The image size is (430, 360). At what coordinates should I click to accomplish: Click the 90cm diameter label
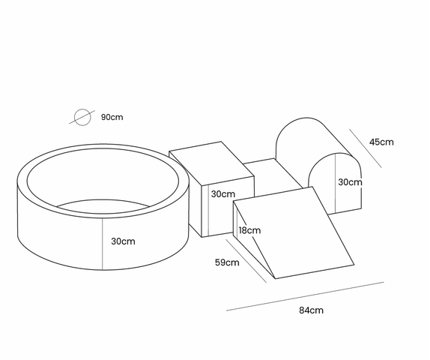112,117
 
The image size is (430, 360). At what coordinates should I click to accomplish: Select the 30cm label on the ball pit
123,241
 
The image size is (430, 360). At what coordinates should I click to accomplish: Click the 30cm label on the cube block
223,194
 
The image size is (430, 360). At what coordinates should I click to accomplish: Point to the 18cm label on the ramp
249,230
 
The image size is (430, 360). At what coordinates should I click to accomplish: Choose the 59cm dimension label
227,262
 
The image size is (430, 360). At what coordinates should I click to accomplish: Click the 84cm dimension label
311,310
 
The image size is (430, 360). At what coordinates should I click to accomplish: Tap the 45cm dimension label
381,142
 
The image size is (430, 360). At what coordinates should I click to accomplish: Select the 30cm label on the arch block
350,182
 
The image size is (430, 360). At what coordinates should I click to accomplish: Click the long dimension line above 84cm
305,296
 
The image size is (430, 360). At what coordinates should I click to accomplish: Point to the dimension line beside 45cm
366,148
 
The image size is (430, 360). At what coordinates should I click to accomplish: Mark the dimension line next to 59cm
246,260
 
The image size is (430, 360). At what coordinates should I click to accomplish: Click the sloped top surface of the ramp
294,232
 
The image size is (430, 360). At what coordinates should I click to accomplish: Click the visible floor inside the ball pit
104,206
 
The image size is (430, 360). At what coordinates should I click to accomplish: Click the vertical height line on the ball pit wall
103,244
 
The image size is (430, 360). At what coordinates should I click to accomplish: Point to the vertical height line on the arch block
335,184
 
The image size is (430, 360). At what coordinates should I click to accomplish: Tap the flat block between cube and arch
274,175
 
